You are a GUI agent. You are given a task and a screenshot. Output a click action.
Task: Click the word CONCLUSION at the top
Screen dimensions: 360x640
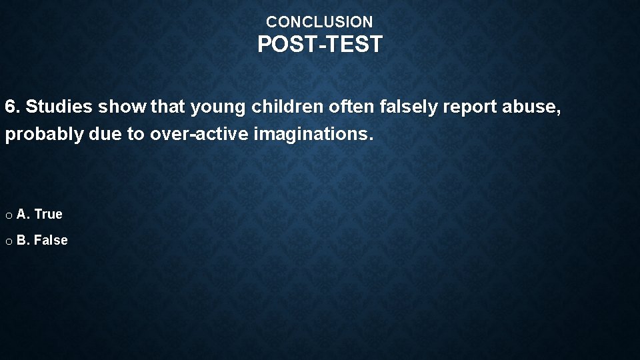(x=319, y=22)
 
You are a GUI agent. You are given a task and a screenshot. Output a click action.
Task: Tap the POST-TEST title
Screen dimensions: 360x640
(x=320, y=45)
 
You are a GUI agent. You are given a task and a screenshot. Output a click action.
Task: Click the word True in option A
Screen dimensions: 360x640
(x=48, y=214)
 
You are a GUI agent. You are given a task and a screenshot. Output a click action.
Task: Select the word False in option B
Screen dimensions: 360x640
(x=51, y=240)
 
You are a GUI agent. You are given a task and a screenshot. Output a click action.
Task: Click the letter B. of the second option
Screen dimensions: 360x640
(x=23, y=240)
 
